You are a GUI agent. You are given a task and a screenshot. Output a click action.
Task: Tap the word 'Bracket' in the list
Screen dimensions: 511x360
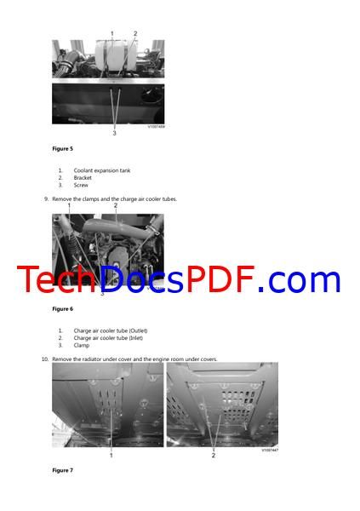click(83, 178)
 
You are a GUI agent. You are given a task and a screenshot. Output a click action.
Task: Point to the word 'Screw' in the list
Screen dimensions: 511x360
click(81, 185)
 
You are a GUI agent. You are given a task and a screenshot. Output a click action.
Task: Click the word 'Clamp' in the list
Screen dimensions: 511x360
click(82, 345)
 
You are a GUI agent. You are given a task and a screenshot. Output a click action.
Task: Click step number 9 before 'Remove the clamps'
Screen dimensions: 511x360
click(46, 199)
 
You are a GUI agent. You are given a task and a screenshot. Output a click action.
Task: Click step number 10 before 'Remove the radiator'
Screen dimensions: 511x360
click(45, 359)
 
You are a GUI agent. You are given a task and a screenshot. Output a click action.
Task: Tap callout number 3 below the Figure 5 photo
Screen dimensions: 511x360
click(114, 133)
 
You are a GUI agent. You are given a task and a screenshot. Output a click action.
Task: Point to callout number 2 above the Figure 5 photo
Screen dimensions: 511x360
click(135, 34)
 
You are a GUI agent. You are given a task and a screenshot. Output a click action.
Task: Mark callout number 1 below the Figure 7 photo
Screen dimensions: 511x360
click(111, 456)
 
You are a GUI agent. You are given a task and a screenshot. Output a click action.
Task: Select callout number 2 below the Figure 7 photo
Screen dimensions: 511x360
click(213, 456)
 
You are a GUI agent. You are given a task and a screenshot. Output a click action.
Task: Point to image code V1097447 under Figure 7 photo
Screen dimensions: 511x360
click(269, 451)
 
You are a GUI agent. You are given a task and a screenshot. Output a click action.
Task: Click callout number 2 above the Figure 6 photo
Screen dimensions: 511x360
click(116, 205)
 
